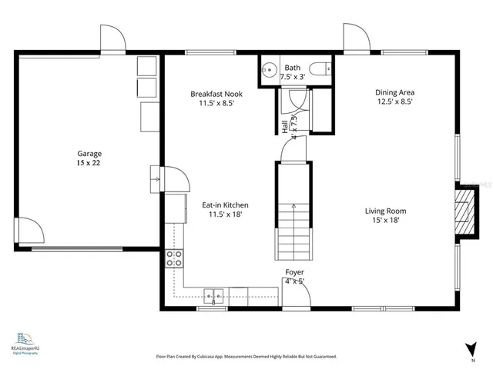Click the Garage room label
89,153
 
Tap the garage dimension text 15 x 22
89,163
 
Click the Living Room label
385,211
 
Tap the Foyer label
294,272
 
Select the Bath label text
293,68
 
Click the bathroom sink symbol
269,69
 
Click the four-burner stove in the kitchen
175,258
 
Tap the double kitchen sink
214,294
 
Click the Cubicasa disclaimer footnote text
246,357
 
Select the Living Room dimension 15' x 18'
385,220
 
